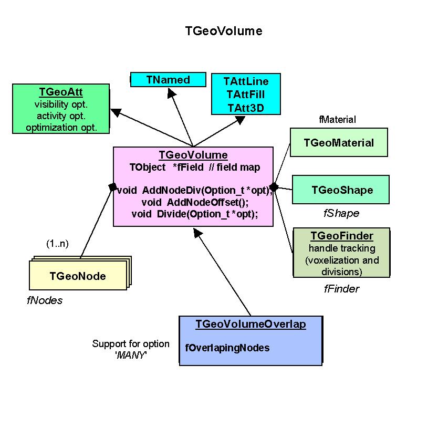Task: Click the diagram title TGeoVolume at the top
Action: pyautogui.click(x=223, y=31)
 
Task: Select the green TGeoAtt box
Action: pyautogui.click(x=61, y=108)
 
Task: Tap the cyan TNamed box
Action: pyautogui.click(x=168, y=79)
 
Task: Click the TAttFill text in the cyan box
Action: pyautogui.click(x=246, y=95)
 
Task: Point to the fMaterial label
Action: pyautogui.click(x=337, y=120)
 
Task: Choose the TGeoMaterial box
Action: pyautogui.click(x=339, y=142)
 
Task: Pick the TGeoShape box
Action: pyautogui.click(x=341, y=190)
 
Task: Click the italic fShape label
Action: pyautogui.click(x=341, y=213)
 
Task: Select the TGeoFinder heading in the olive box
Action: pyautogui.click(x=342, y=236)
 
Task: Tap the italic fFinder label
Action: pyautogui.click(x=341, y=289)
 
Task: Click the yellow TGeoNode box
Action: pyautogui.click(x=77, y=276)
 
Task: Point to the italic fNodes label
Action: pyautogui.click(x=45, y=300)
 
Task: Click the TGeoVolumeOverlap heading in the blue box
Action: pyautogui.click(x=250, y=324)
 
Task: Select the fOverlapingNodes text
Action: pyautogui.click(x=227, y=348)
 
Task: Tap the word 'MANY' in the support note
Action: pyautogui.click(x=131, y=354)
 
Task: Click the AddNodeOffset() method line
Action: pyautogui.click(x=194, y=202)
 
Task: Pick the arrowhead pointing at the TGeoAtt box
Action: pyautogui.click(x=116, y=113)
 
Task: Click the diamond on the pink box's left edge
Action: pyautogui.click(x=112, y=186)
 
